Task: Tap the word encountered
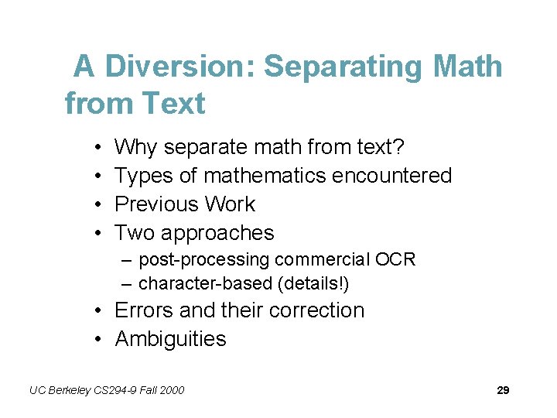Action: (x=391, y=176)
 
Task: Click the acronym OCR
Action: (x=395, y=259)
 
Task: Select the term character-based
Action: (x=202, y=284)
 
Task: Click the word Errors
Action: (x=144, y=310)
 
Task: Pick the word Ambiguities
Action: (x=170, y=339)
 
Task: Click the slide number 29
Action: (x=503, y=390)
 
